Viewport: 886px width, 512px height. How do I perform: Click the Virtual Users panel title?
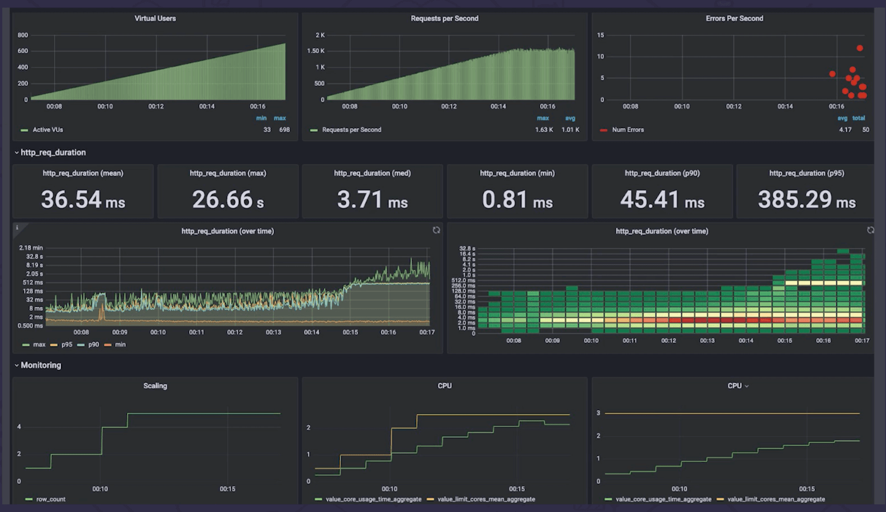[155, 18]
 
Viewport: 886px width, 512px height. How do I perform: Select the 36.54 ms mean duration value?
[83, 200]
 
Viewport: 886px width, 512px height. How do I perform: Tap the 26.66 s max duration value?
[228, 200]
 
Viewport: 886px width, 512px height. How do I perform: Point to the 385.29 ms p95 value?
[806, 200]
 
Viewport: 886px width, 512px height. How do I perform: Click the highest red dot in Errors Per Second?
[859, 48]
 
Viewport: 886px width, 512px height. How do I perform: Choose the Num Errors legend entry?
[627, 130]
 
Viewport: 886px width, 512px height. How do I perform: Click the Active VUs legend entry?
[47, 130]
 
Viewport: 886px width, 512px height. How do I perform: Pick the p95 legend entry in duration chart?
[66, 344]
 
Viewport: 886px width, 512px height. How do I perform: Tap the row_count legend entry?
[50, 499]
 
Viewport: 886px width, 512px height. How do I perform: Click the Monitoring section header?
[41, 365]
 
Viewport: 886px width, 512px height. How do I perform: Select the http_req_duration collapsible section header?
[53, 152]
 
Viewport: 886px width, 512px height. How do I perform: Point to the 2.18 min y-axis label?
[31, 248]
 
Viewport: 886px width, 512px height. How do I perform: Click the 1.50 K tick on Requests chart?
[315, 51]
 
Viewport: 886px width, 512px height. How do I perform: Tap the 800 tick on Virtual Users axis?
[23, 35]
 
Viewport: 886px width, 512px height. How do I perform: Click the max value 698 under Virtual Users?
[284, 130]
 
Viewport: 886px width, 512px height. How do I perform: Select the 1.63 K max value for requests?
[543, 130]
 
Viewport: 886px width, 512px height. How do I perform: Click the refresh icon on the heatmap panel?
[870, 230]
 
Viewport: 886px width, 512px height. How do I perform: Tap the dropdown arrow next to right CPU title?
[747, 386]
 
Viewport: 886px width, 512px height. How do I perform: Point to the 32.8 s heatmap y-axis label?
[467, 249]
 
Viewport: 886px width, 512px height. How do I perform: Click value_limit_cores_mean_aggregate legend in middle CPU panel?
[486, 499]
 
